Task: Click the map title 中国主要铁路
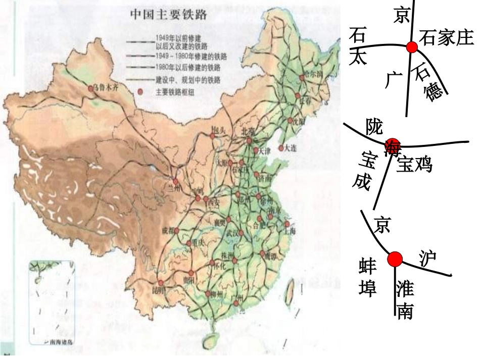click(169, 15)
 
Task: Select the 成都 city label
click(167, 231)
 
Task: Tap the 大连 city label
click(290, 148)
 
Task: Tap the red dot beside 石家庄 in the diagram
click(412, 47)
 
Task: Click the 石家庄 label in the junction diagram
click(446, 38)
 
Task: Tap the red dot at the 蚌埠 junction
click(395, 260)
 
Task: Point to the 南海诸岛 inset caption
click(61, 342)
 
